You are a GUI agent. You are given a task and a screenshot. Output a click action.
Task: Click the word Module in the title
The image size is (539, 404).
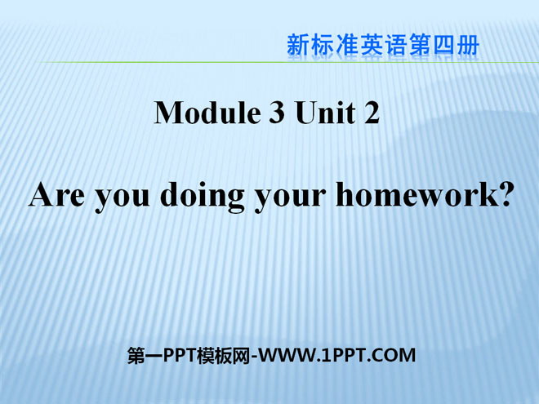click(x=207, y=113)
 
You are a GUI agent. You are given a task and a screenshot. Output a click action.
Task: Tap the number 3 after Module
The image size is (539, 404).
click(x=276, y=113)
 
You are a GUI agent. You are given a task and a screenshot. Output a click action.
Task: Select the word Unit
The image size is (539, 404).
click(x=325, y=113)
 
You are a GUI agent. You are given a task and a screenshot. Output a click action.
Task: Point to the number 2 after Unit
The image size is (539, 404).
click(x=372, y=113)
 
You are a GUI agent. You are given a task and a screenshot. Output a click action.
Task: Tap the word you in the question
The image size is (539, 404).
click(x=122, y=198)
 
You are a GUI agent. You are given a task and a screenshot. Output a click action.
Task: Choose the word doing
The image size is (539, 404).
click(x=203, y=198)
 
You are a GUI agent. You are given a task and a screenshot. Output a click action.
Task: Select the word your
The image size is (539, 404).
click(x=290, y=198)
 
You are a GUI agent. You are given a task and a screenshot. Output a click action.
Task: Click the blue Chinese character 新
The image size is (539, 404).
click(x=298, y=45)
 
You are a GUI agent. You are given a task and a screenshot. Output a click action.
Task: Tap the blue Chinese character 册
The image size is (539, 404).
click(x=468, y=45)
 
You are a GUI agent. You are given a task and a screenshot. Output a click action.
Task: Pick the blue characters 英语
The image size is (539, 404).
click(x=383, y=45)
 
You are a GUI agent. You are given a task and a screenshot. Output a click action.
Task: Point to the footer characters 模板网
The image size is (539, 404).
click(x=224, y=355)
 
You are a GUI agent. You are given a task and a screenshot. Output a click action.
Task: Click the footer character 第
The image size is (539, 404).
click(x=136, y=355)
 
